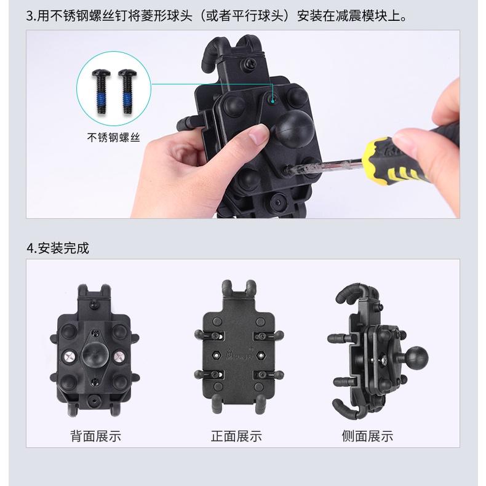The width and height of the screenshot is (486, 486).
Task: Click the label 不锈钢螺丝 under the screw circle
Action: point(114,138)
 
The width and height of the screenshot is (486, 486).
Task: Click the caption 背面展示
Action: point(95,436)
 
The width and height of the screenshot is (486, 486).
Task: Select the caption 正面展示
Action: point(236,436)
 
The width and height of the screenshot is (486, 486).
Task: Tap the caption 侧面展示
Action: point(367,436)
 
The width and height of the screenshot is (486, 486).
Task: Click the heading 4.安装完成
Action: point(58,248)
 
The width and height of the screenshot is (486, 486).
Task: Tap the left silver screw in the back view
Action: point(69,356)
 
